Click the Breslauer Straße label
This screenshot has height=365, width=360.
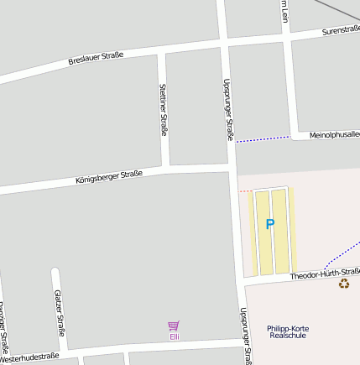(96, 58)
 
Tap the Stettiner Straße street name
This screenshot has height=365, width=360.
(163, 109)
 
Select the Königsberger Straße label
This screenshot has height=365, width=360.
(108, 177)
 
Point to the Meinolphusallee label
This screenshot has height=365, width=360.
(334, 134)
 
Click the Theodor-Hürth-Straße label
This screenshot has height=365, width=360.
(325, 274)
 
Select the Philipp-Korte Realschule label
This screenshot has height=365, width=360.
(288, 331)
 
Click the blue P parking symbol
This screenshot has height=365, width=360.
(269, 224)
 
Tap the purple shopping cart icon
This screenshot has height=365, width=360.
(174, 326)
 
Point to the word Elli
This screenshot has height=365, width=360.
(175, 336)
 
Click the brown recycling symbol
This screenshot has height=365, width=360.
(343, 284)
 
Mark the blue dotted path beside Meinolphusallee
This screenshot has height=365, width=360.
(262, 138)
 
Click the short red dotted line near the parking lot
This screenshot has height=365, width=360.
(245, 191)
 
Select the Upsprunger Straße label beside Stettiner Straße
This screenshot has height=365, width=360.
(229, 109)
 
